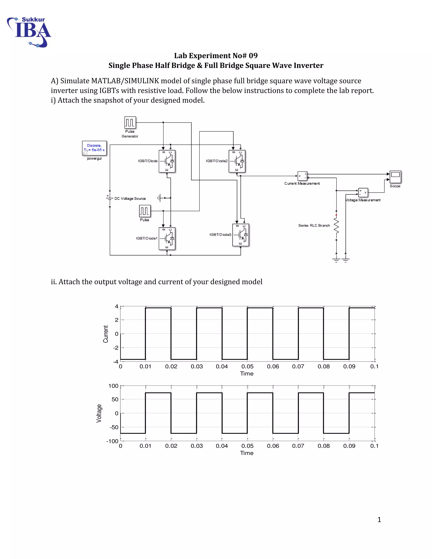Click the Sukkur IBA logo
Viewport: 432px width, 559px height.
coord(29,32)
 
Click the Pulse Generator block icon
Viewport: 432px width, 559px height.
coord(130,123)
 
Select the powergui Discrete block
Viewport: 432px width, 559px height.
coord(94,148)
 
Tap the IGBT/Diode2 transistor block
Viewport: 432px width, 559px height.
coord(237,161)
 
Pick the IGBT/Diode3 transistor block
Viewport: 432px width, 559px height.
coord(240,235)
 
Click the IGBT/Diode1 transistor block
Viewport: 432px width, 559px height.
coord(167,239)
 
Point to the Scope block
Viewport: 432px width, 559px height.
coord(395,177)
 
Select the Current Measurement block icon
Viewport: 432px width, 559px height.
coord(302,176)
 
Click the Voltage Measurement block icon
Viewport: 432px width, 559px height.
coord(363,192)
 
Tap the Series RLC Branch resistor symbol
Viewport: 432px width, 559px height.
coord(336,225)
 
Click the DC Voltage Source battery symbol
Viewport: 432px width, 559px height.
coord(109,198)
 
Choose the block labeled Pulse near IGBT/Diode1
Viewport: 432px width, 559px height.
coord(144,211)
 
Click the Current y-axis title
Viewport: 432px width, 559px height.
coord(105,334)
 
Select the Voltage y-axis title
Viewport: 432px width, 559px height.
coord(99,413)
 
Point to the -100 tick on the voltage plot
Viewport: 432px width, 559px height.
coord(112,441)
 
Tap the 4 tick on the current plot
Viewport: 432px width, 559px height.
coord(117,306)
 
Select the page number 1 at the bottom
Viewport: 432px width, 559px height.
coord(379,520)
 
